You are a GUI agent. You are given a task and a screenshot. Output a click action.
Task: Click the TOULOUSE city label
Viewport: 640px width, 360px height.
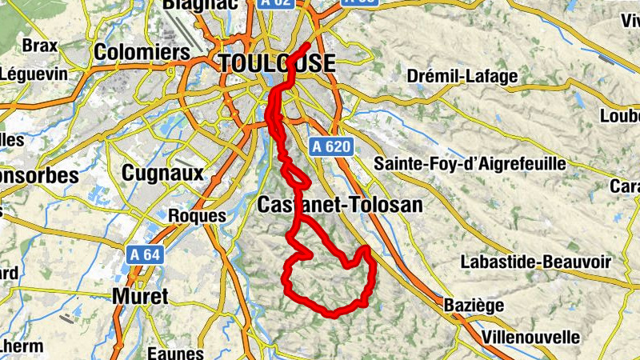(x=277, y=63)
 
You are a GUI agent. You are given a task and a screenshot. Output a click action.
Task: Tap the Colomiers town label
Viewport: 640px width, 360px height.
(x=142, y=53)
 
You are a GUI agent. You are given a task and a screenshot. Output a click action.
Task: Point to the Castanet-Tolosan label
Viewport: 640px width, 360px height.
(x=339, y=205)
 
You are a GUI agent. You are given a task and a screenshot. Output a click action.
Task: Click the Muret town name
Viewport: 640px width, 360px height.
(x=140, y=296)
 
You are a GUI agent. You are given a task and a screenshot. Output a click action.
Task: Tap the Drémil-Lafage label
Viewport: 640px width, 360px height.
(x=462, y=77)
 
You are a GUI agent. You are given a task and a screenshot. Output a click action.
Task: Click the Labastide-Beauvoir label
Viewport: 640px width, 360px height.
(x=536, y=262)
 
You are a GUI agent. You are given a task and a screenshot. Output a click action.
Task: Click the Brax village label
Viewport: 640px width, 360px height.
(x=40, y=45)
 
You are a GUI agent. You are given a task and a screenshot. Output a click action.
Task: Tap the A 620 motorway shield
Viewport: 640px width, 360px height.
(x=329, y=146)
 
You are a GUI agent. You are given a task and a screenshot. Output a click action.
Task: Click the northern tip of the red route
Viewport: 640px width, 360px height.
(x=310, y=43)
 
